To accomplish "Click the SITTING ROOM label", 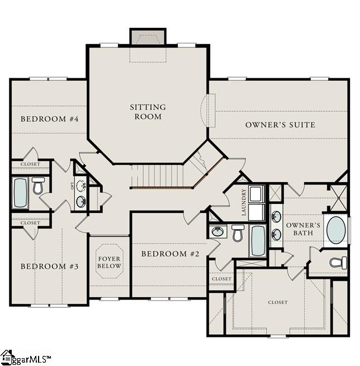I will [148, 112].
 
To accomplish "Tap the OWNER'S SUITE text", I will [280, 125].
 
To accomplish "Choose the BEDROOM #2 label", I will [170, 254].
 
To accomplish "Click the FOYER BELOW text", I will [110, 263].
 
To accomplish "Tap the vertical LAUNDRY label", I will [244, 203].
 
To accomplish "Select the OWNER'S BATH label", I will [303, 229].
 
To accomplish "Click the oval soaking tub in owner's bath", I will [335, 230].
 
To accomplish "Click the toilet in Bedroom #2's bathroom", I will [238, 232].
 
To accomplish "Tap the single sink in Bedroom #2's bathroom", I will [217, 231].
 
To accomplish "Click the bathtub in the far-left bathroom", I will [21, 193].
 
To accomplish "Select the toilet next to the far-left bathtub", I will [39, 186].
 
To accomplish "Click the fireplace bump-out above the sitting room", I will [148, 37].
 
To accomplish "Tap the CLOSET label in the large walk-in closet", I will [277, 302].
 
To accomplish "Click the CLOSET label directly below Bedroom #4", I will [30, 164].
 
